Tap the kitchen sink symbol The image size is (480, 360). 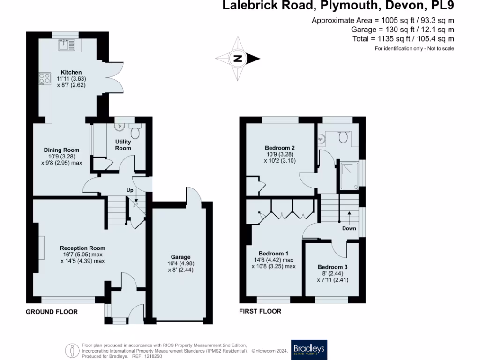(x=66, y=45)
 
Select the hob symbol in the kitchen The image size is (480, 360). (x=45, y=78)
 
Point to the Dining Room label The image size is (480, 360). (x=58, y=150)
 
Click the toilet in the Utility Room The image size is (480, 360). (x=135, y=133)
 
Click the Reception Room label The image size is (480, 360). (x=82, y=248)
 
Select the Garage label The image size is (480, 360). (x=180, y=257)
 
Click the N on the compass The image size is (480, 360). (x=238, y=59)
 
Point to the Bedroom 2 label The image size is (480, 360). (x=279, y=148)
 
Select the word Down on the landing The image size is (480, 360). (x=349, y=229)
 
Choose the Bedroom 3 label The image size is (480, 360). (x=333, y=267)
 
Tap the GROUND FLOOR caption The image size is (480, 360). (x=52, y=312)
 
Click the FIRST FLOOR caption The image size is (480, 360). (x=260, y=311)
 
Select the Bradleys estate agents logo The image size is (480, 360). (x=308, y=349)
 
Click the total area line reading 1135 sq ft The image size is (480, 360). (x=403, y=39)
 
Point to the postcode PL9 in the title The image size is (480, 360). (x=441, y=6)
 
